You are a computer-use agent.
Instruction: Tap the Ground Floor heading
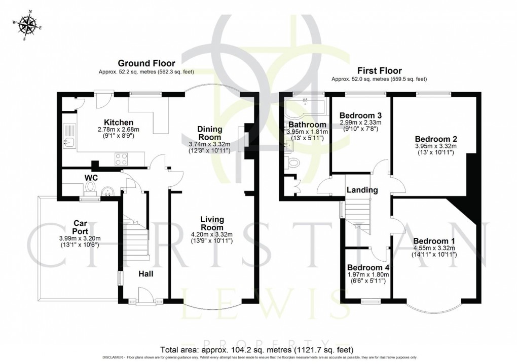pos(146,63)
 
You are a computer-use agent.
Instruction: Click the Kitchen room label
pos(118,123)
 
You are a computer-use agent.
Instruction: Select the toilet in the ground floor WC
pos(91,188)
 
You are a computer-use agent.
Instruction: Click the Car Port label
pos(81,226)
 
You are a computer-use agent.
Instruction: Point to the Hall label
pos(146,274)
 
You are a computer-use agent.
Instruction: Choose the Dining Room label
pos(209,133)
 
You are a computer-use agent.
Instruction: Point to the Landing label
pos(362,190)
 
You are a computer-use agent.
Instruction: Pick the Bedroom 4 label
pos(368,267)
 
